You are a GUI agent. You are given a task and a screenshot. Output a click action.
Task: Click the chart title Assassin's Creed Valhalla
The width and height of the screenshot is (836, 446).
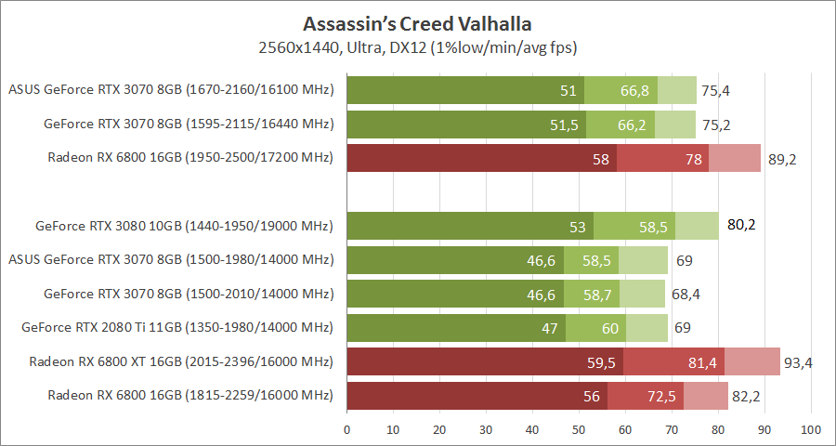coord(417,22)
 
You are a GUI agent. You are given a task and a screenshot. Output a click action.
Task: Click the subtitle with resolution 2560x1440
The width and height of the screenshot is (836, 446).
coord(417,46)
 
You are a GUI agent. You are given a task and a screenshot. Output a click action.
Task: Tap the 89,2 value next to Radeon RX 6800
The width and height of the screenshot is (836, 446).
coord(782,159)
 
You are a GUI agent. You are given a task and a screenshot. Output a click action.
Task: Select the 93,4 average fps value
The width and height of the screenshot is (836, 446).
coord(798,362)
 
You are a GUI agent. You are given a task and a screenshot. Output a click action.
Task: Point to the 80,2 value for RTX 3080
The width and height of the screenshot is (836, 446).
coord(740,225)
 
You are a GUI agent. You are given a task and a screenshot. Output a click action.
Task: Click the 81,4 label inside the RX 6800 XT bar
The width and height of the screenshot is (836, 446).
coord(703,362)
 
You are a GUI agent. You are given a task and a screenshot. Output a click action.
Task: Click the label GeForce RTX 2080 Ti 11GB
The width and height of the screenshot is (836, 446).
coord(176,327)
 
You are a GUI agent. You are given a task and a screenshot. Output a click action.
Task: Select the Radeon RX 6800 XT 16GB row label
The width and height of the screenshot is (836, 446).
coord(180,361)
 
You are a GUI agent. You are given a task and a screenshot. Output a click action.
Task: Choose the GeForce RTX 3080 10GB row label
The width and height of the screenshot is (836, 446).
coord(184,225)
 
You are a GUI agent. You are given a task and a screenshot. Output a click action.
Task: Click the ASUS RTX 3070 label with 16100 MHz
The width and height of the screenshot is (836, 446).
coord(170,90)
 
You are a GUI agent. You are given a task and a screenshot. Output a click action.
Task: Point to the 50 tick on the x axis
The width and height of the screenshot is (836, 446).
coord(579,430)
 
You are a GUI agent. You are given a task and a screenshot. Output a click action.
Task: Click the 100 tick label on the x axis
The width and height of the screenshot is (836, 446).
coord(811,430)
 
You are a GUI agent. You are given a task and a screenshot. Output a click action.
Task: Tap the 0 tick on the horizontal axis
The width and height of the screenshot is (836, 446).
coord(347,430)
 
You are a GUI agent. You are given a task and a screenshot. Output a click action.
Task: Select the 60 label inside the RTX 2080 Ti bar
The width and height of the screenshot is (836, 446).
coord(610,328)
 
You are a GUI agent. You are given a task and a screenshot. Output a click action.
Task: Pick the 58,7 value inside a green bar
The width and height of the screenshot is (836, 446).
coord(600,294)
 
